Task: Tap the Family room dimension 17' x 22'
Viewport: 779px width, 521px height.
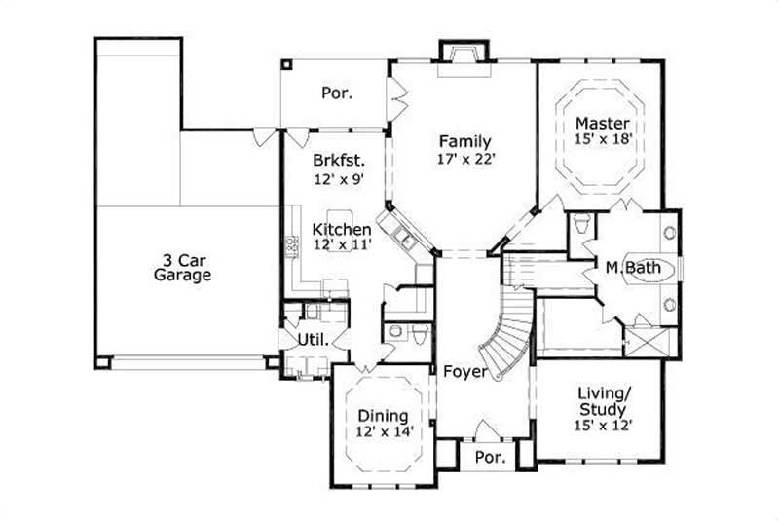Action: click(x=464, y=158)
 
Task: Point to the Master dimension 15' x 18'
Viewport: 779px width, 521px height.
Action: click(x=603, y=139)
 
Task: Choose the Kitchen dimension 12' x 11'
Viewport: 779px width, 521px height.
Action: click(x=342, y=245)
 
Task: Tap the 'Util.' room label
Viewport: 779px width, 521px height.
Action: click(x=311, y=340)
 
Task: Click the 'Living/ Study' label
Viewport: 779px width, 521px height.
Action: click(x=601, y=401)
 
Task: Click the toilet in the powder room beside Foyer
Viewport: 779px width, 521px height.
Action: click(x=418, y=333)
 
